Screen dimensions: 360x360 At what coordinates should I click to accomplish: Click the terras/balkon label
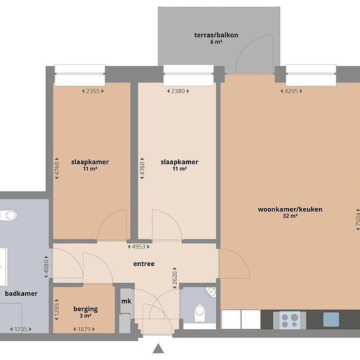(216, 35)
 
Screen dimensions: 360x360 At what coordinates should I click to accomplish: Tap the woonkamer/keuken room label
(290, 209)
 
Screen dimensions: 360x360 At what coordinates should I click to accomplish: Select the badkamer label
(21, 293)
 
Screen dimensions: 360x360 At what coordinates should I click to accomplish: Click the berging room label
(85, 309)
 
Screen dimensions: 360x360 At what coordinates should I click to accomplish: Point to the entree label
(144, 264)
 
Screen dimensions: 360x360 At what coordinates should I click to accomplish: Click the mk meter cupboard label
(126, 301)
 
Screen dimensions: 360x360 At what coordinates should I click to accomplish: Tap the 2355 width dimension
(93, 91)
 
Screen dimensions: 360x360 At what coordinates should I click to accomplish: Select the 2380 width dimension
(178, 91)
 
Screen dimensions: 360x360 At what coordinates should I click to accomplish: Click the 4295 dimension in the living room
(291, 91)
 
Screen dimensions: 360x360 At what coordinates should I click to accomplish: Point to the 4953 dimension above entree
(139, 247)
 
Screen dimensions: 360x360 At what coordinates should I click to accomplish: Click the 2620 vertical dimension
(175, 278)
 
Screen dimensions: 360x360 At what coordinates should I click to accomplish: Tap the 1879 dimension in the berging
(84, 329)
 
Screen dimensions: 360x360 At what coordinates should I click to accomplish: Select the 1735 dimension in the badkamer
(21, 329)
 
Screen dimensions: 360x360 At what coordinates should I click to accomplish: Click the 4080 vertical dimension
(46, 266)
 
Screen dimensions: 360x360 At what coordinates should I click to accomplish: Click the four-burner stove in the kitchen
(290, 320)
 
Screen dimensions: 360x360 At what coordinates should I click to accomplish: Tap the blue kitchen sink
(331, 319)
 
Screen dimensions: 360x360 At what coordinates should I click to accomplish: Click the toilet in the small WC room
(200, 313)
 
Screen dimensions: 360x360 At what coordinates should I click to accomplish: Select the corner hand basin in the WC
(211, 292)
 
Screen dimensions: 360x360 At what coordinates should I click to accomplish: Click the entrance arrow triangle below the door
(158, 348)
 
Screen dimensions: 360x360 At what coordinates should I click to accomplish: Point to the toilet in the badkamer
(9, 215)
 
